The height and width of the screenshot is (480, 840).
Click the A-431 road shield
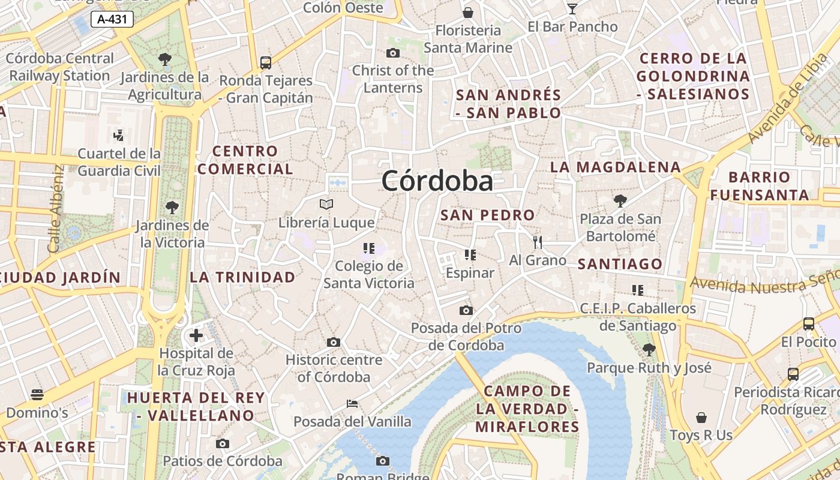pyautogui.click(x=112, y=19)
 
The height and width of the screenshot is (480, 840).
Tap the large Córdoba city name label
pyautogui.click(x=437, y=181)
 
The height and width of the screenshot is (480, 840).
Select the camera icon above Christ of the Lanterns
pyautogui.click(x=393, y=53)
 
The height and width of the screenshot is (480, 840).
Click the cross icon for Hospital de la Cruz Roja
pyautogui.click(x=196, y=335)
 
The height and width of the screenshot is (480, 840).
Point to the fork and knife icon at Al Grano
pyautogui.click(x=538, y=242)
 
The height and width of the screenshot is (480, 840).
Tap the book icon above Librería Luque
pyautogui.click(x=326, y=205)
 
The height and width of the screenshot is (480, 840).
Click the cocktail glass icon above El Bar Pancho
pyautogui.click(x=572, y=8)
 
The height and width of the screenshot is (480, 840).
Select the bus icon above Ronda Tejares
pyautogui.click(x=266, y=62)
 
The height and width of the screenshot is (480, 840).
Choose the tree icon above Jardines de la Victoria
pyautogui.click(x=172, y=208)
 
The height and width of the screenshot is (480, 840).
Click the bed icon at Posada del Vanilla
pyautogui.click(x=353, y=403)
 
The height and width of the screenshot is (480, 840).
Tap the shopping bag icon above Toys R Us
pyautogui.click(x=701, y=417)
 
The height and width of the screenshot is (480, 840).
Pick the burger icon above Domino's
pyautogui.click(x=37, y=395)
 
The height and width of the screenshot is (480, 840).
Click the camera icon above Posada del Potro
pyautogui.click(x=466, y=310)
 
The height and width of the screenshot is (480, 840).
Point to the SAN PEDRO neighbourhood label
pyautogui.click(x=487, y=215)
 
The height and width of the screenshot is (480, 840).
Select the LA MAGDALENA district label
pyautogui.click(x=616, y=167)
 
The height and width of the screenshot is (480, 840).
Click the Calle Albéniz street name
pyautogui.click(x=55, y=209)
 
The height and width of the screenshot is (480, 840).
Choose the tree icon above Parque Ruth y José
pyautogui.click(x=649, y=349)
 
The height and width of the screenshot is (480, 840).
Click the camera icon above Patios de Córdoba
pyautogui.click(x=223, y=444)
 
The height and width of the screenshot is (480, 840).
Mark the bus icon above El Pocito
pyautogui.click(x=808, y=324)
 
